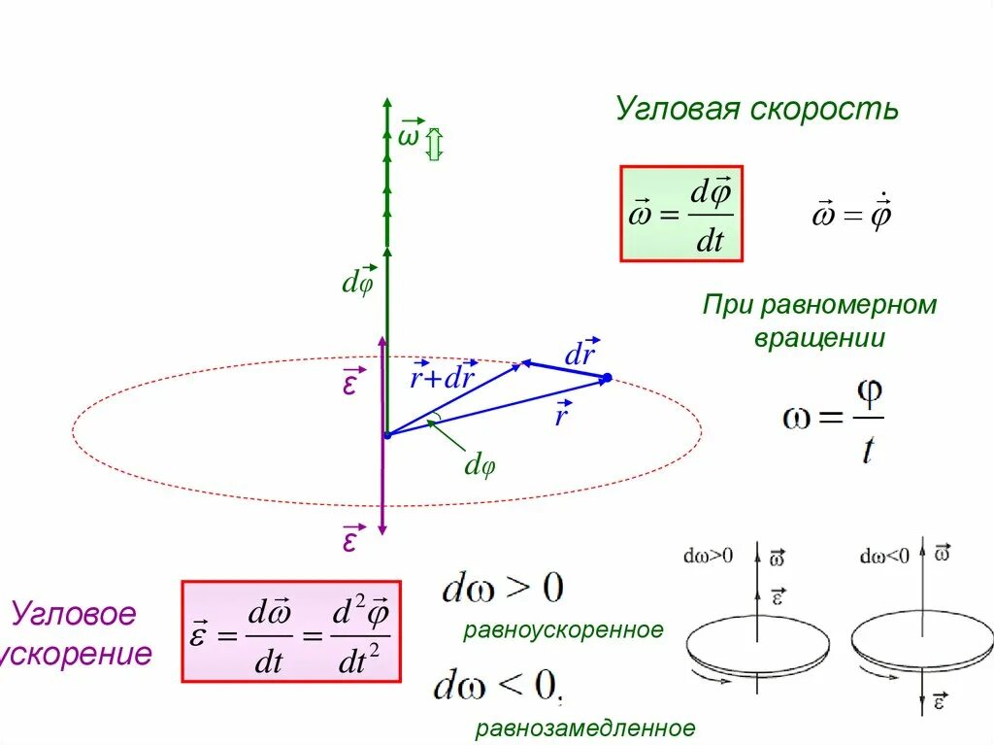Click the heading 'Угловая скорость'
pos(756,109)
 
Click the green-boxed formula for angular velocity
pos(681,214)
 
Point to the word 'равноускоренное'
pos(563,630)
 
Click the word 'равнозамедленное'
pos(585,728)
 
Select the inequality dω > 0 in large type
pos(503,589)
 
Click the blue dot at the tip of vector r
pos(607,378)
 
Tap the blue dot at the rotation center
pos(386,435)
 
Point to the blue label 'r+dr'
pos(441,378)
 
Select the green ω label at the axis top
pos(410,135)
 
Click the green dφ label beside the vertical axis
pos(357,282)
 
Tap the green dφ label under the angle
pos(480,465)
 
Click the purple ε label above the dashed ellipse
pos(349,384)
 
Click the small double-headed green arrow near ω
pos(434,145)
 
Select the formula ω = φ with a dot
pos(852,214)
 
